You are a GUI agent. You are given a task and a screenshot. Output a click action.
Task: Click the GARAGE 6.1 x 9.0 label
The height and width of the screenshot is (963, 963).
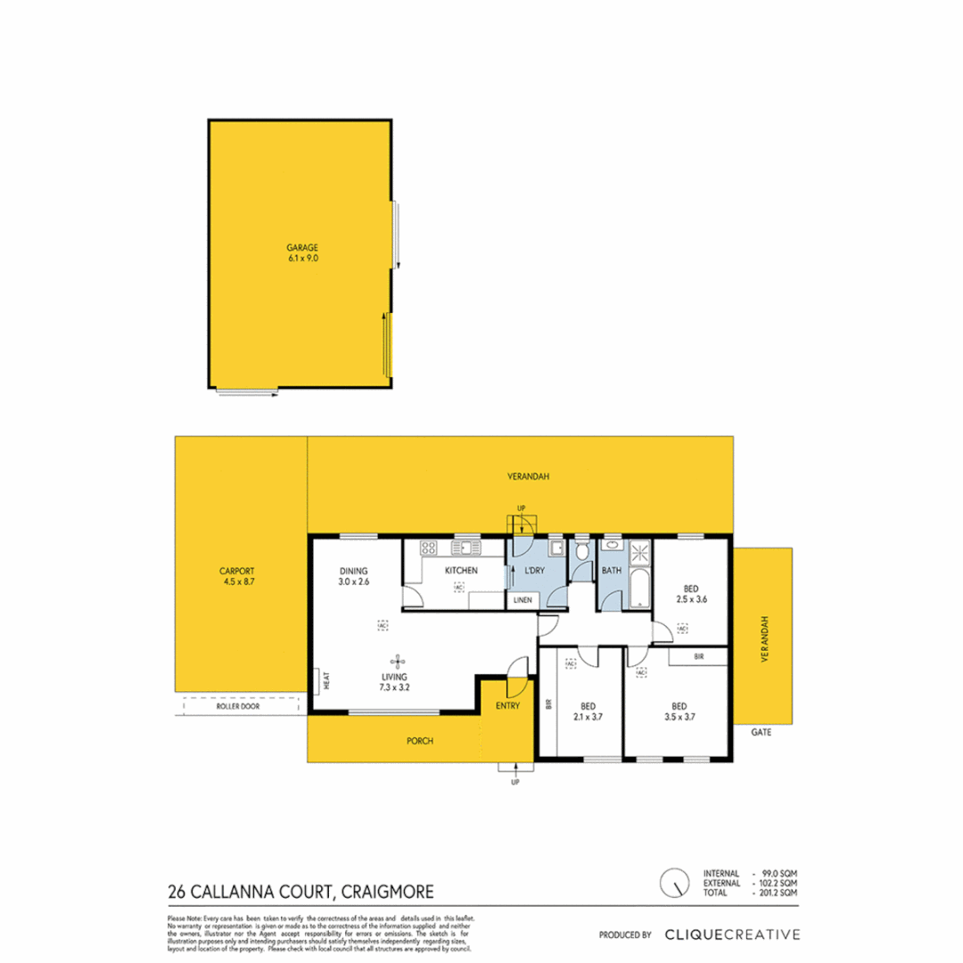coord(302,252)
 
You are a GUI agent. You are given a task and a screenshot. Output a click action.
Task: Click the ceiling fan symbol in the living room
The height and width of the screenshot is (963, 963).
coord(397,661)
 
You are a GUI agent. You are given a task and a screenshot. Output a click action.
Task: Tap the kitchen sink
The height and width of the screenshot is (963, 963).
coord(465,547)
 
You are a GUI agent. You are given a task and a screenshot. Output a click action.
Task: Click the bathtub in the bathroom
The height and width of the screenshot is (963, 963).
coord(639,593)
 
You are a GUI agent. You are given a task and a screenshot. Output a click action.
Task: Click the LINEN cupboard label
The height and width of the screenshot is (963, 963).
coord(523,600)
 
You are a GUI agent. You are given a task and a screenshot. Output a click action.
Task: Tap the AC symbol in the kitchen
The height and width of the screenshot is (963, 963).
coord(458,587)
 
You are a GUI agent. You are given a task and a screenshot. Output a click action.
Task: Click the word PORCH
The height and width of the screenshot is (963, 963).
coord(419,740)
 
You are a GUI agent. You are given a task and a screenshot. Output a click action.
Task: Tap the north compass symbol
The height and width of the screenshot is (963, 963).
coord(675,883)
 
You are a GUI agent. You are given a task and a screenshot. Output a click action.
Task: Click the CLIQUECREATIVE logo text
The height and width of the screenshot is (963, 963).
coord(731,934)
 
